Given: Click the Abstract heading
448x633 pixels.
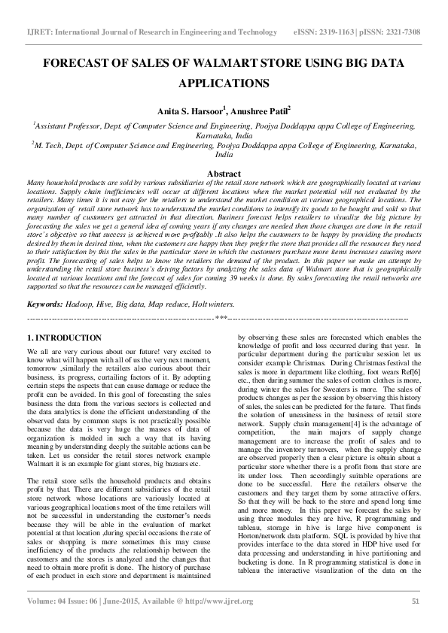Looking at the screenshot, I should coord(224,174).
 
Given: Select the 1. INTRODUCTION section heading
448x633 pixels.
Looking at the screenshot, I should coord(64,339).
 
